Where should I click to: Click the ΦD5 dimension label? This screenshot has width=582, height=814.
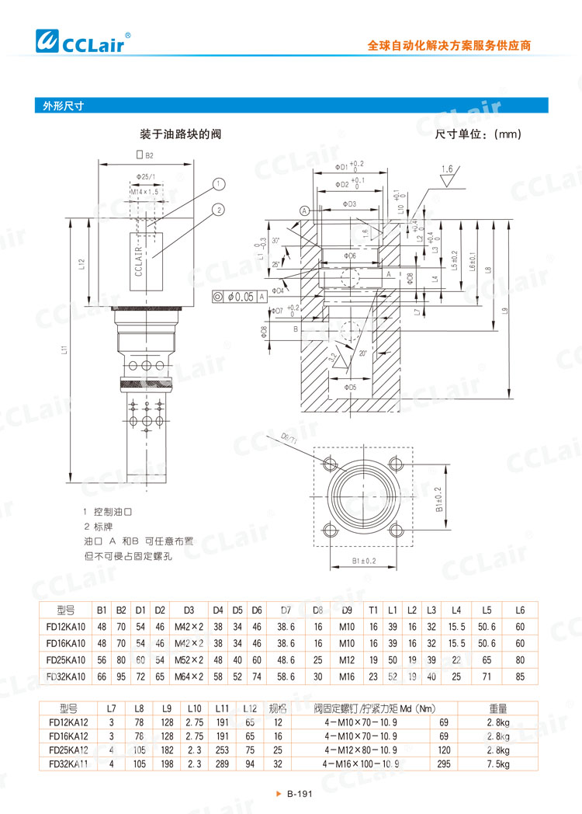click(x=351, y=386)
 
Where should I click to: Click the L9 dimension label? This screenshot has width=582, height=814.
click(x=504, y=311)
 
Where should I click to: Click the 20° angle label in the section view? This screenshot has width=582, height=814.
click(x=362, y=352)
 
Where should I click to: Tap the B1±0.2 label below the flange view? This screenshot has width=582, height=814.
click(x=363, y=560)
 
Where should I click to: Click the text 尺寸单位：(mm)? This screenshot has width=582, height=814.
click(x=478, y=134)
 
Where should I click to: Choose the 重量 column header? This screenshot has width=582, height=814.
click(x=498, y=708)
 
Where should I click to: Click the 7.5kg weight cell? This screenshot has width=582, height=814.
click(x=498, y=764)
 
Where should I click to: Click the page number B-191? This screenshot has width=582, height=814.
click(x=299, y=794)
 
